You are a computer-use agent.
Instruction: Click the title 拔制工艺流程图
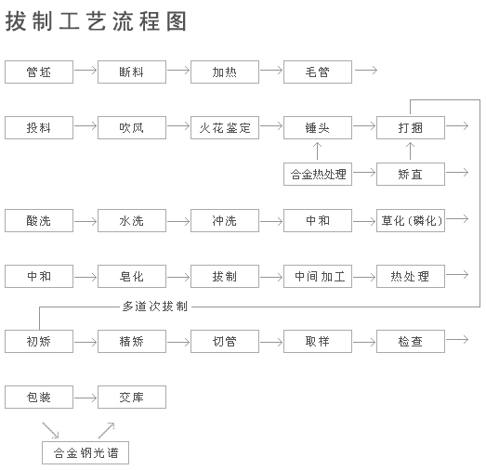tap(97, 21)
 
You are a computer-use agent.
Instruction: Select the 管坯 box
tap(39, 72)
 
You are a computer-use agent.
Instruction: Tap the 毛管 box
tap(318, 72)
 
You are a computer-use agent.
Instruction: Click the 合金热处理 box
tap(318, 174)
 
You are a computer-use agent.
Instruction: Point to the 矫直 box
tap(411, 174)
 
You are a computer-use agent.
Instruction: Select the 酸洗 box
tap(39, 221)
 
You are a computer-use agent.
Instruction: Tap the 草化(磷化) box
tap(411, 221)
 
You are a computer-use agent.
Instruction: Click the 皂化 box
tap(132, 276)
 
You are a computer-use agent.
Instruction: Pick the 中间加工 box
tap(318, 276)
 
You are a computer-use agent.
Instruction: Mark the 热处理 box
tap(411, 276)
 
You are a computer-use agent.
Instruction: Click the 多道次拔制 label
tap(155, 306)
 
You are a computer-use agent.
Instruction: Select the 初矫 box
tap(39, 342)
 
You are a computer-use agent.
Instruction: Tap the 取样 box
tap(318, 342)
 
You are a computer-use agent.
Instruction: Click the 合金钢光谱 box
tap(85, 453)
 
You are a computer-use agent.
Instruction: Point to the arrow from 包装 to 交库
tap(85, 398)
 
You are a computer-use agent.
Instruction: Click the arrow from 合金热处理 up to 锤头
tap(318, 151)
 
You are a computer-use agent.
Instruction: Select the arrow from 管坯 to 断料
tap(85, 72)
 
